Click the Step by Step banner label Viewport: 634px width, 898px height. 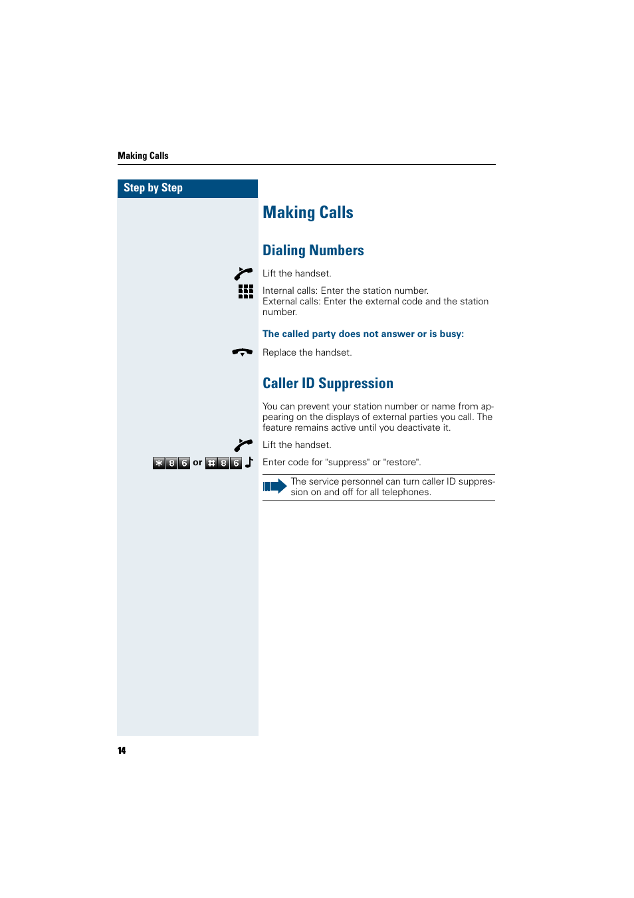click(x=153, y=188)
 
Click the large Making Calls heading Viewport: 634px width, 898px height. click(x=308, y=213)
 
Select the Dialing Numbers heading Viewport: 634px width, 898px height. click(x=313, y=251)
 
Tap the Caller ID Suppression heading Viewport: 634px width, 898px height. click(x=328, y=384)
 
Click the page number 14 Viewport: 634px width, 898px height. click(x=122, y=750)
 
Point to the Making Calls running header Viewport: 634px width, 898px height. click(x=143, y=156)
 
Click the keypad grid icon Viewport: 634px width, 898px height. click(x=246, y=292)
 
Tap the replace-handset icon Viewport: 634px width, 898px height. click(x=243, y=352)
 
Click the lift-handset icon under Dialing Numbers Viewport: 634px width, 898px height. click(x=243, y=274)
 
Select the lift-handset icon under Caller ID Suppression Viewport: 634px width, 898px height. click(x=243, y=445)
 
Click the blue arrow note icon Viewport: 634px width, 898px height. click(x=274, y=487)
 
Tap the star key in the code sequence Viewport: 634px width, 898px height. click(x=159, y=463)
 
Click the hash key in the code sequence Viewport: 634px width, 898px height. click(x=211, y=463)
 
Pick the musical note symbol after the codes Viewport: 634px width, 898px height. click(x=249, y=462)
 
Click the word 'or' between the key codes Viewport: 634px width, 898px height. click(x=197, y=463)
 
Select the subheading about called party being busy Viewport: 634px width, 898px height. click(x=363, y=334)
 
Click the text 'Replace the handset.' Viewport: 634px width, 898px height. click(x=307, y=352)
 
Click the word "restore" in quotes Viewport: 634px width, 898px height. click(x=401, y=462)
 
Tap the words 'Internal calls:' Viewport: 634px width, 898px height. click(x=290, y=290)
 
